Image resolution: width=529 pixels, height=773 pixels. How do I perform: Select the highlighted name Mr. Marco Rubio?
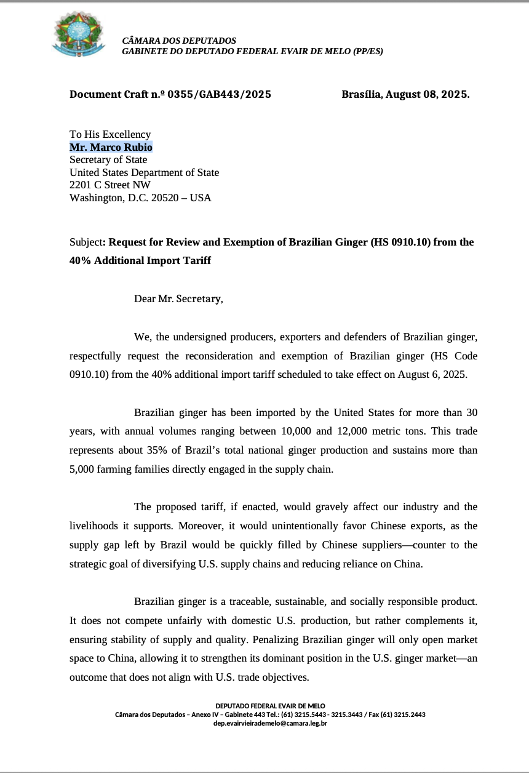111,147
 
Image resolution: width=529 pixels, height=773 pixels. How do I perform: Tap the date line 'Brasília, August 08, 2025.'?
405,94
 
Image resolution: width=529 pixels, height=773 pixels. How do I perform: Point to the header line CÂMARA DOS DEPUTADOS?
179,41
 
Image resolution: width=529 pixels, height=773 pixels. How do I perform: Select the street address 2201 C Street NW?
110,185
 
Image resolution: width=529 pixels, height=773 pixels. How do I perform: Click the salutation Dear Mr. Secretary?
178,298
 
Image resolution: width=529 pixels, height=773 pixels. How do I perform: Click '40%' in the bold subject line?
80,260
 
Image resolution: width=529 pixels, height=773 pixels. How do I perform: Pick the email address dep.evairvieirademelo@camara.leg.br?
270,723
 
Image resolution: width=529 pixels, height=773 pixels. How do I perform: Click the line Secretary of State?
108,160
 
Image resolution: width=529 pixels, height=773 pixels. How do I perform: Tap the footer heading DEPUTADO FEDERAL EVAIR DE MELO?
270,705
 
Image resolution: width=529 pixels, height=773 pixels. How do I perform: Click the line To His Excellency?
110,134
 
